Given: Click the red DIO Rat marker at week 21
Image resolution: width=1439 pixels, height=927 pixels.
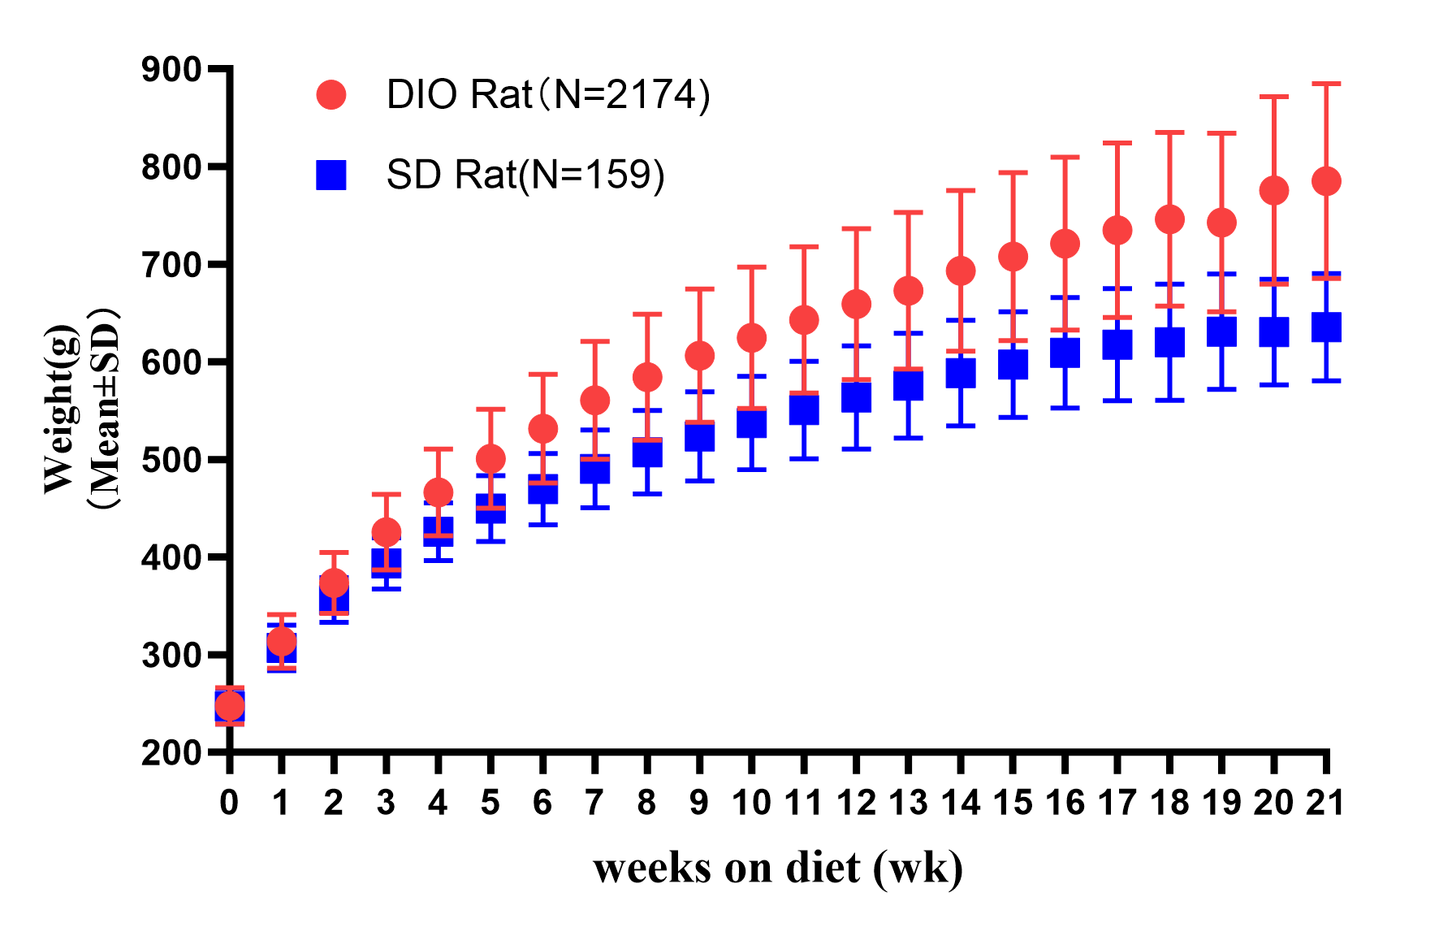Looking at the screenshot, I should click(1326, 181).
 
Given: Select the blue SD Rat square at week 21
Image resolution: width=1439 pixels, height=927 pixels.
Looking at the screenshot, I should click(1326, 327).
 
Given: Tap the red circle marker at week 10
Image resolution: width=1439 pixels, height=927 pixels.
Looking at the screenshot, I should click(751, 338).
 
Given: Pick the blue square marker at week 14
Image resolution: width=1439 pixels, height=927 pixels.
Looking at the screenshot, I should click(961, 373).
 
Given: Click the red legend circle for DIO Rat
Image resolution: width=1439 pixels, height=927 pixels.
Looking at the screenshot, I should click(331, 95).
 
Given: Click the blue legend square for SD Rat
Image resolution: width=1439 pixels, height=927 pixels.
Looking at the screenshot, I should click(331, 175).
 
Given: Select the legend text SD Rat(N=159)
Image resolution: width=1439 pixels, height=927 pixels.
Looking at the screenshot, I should click(525, 175).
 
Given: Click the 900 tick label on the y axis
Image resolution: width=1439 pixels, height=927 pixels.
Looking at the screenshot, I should click(171, 70).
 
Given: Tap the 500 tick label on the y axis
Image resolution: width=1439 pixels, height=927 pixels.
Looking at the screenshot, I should click(171, 460).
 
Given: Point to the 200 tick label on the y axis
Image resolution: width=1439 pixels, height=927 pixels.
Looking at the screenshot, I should click(171, 753).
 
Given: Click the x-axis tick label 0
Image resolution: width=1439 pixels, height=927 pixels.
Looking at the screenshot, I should click(229, 803).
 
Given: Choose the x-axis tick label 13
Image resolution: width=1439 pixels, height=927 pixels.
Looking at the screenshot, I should click(908, 803).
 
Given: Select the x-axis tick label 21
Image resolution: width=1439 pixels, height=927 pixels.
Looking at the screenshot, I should click(1325, 803).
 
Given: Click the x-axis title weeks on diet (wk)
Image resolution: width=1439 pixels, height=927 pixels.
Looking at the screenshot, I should click(778, 868).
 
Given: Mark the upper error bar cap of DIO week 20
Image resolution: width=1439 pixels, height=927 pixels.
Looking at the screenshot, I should click(1274, 97).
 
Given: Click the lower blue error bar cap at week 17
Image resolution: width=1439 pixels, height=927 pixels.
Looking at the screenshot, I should click(1117, 401).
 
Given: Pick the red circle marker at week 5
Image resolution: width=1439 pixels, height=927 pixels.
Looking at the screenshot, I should click(490, 459).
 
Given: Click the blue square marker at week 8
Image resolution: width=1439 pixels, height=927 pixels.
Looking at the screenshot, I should click(647, 453).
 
